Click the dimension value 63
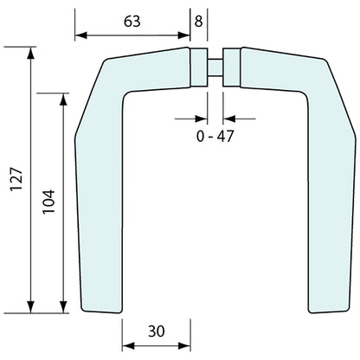[x=132, y=21]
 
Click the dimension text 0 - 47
[x=215, y=136]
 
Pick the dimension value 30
[x=156, y=331]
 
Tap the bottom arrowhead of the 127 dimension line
[x=32, y=307]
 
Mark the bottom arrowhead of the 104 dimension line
[x=64, y=307]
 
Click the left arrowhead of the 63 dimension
[x=79, y=35]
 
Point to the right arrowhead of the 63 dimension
[x=185, y=35]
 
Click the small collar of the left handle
[x=199, y=68]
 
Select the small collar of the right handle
[x=230, y=68]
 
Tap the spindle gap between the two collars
[x=215, y=68]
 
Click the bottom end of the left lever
[x=101, y=309]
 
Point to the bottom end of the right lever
[x=327, y=309]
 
